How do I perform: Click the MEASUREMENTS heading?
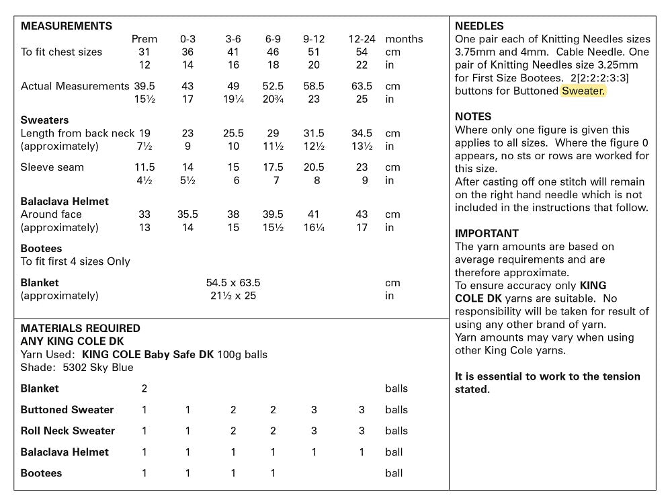[x=67, y=26]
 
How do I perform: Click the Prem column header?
[x=144, y=39]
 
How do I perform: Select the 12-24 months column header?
[x=362, y=39]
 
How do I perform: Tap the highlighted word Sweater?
[x=583, y=91]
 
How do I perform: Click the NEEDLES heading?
[x=479, y=26]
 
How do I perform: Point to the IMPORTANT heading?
[x=487, y=234]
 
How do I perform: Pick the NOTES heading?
[x=473, y=116]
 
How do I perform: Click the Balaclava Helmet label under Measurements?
[x=65, y=201]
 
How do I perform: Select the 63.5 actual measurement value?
[x=362, y=86]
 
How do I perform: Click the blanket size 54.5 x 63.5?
[x=233, y=283]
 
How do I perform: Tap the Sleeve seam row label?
[x=52, y=167]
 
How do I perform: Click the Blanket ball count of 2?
[x=144, y=388]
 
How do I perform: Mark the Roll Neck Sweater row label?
[x=68, y=431]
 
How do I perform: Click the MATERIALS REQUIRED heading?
[x=81, y=329]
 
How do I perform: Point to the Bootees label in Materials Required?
[x=41, y=473]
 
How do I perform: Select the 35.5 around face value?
[x=187, y=214]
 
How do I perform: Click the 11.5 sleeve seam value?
[x=144, y=167]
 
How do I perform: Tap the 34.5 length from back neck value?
[x=362, y=133]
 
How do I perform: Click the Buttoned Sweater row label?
[x=67, y=410]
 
